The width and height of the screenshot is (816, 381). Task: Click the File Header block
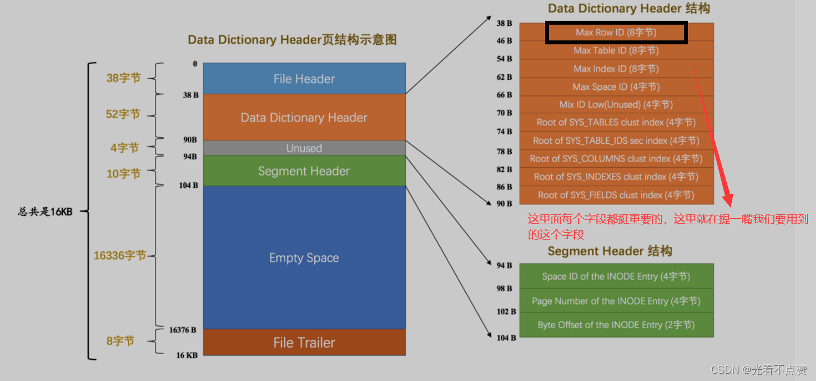[x=304, y=79]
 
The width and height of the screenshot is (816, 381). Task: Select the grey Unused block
[x=304, y=148]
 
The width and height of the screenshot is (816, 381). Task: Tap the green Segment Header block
[x=304, y=171]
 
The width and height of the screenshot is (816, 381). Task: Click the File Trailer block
[x=304, y=342]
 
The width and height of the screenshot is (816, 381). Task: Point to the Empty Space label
[x=304, y=258]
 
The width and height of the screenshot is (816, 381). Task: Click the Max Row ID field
[x=616, y=33]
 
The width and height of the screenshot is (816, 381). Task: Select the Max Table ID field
[x=616, y=51]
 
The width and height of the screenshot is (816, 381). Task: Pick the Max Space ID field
[x=616, y=87]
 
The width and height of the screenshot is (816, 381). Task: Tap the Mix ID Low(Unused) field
[x=616, y=105]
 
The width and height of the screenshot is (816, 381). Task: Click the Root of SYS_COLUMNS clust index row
[x=616, y=159]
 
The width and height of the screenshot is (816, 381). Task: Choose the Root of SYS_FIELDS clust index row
[x=616, y=195]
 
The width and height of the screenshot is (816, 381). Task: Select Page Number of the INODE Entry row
[x=616, y=301]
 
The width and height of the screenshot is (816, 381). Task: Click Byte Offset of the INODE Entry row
[x=616, y=325]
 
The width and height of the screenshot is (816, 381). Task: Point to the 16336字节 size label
[x=120, y=256]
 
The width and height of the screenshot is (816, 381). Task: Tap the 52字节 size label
[x=123, y=114]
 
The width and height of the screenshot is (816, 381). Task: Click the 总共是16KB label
[x=45, y=212]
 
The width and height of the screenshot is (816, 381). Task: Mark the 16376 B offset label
[x=182, y=330]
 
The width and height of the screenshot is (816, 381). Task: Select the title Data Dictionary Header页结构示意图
[x=292, y=40]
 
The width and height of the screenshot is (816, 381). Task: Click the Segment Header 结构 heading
[x=609, y=251]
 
